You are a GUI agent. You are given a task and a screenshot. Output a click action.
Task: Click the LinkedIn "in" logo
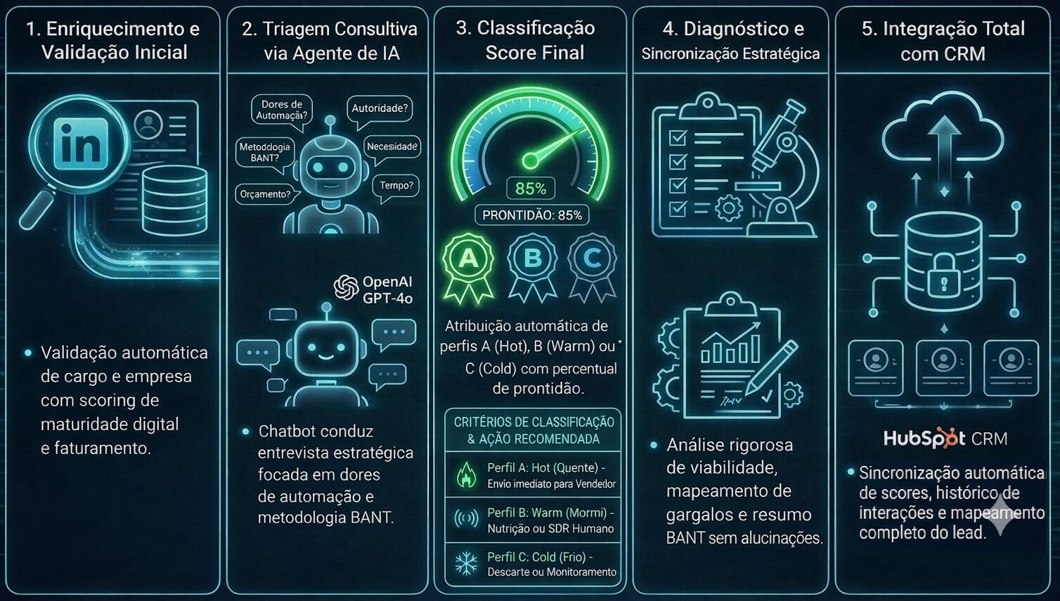pyautogui.click(x=82, y=144)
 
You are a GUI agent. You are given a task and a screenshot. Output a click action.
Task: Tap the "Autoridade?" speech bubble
pyautogui.click(x=380, y=109)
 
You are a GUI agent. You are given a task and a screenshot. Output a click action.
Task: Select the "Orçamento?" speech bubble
pyautogui.click(x=265, y=194)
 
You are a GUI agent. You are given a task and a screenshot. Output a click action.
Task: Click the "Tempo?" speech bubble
pyautogui.click(x=396, y=186)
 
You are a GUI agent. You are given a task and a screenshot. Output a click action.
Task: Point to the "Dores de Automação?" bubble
pyautogui.click(x=281, y=110)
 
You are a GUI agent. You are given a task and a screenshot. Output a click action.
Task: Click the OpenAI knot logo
pyautogui.click(x=346, y=288)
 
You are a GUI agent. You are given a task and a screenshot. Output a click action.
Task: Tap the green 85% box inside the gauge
pyautogui.click(x=530, y=189)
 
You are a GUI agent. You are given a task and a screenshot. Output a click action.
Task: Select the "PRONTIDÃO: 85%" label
pyautogui.click(x=532, y=215)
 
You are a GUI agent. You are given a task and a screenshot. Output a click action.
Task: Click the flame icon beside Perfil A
pyautogui.click(x=466, y=475)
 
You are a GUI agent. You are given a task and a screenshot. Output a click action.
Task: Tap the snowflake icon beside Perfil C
pyautogui.click(x=466, y=564)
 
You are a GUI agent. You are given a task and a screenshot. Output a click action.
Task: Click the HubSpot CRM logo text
pyautogui.click(x=945, y=438)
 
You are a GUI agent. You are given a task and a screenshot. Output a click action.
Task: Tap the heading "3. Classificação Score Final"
pyautogui.click(x=531, y=40)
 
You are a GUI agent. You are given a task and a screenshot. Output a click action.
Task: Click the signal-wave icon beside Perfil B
pyautogui.click(x=466, y=519)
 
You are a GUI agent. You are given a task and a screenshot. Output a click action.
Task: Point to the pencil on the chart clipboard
pyautogui.click(x=771, y=367)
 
